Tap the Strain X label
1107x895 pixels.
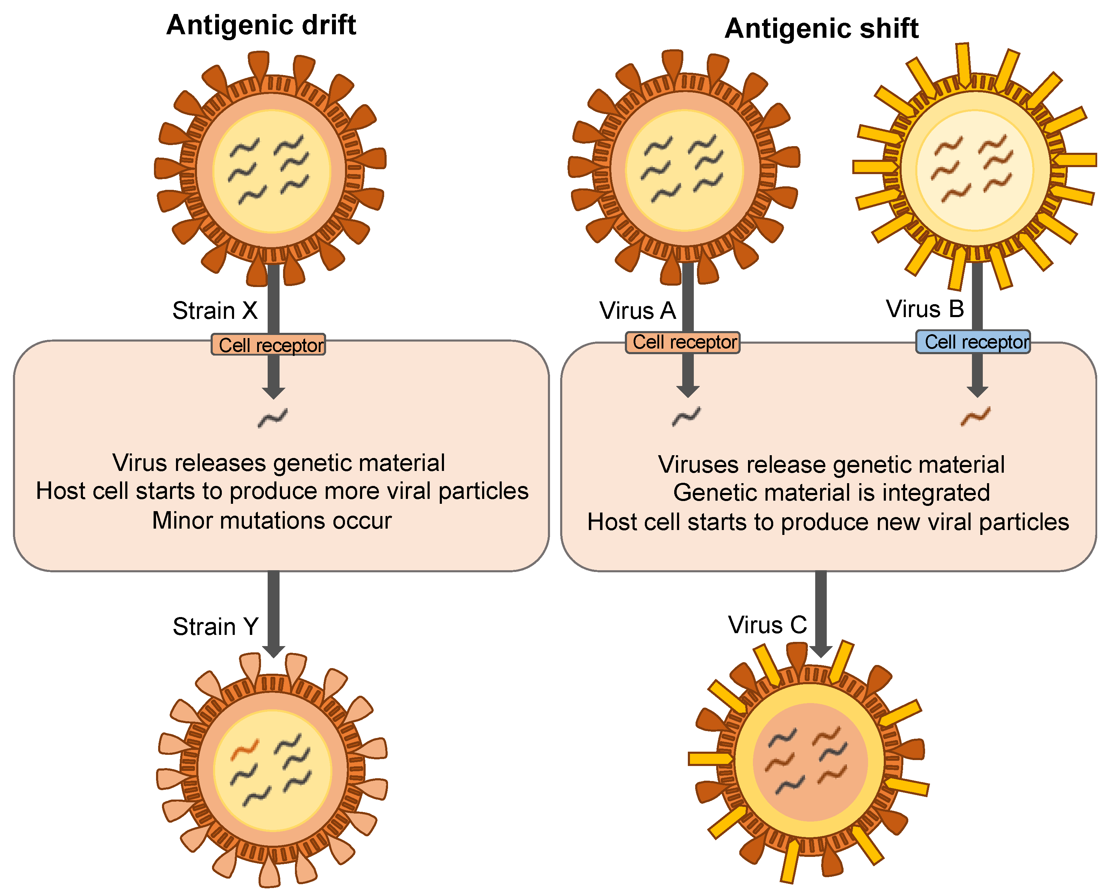click(214, 311)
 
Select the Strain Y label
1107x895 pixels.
click(215, 627)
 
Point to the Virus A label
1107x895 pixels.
click(637, 311)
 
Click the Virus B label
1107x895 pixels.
click(925, 309)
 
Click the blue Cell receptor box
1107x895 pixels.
click(973, 342)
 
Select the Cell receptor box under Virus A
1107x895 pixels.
click(683, 342)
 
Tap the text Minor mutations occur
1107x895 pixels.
click(272, 521)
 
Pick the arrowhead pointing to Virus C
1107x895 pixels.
click(821, 651)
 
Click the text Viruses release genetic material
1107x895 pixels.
click(831, 465)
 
